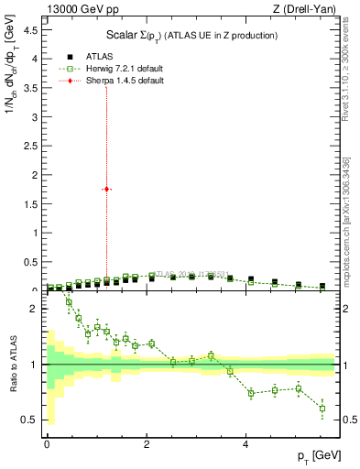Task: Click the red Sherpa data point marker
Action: pos(107,189)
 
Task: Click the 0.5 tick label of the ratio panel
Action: pos(30,420)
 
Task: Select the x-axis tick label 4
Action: pos(245,444)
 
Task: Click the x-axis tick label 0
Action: pos(47,444)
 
